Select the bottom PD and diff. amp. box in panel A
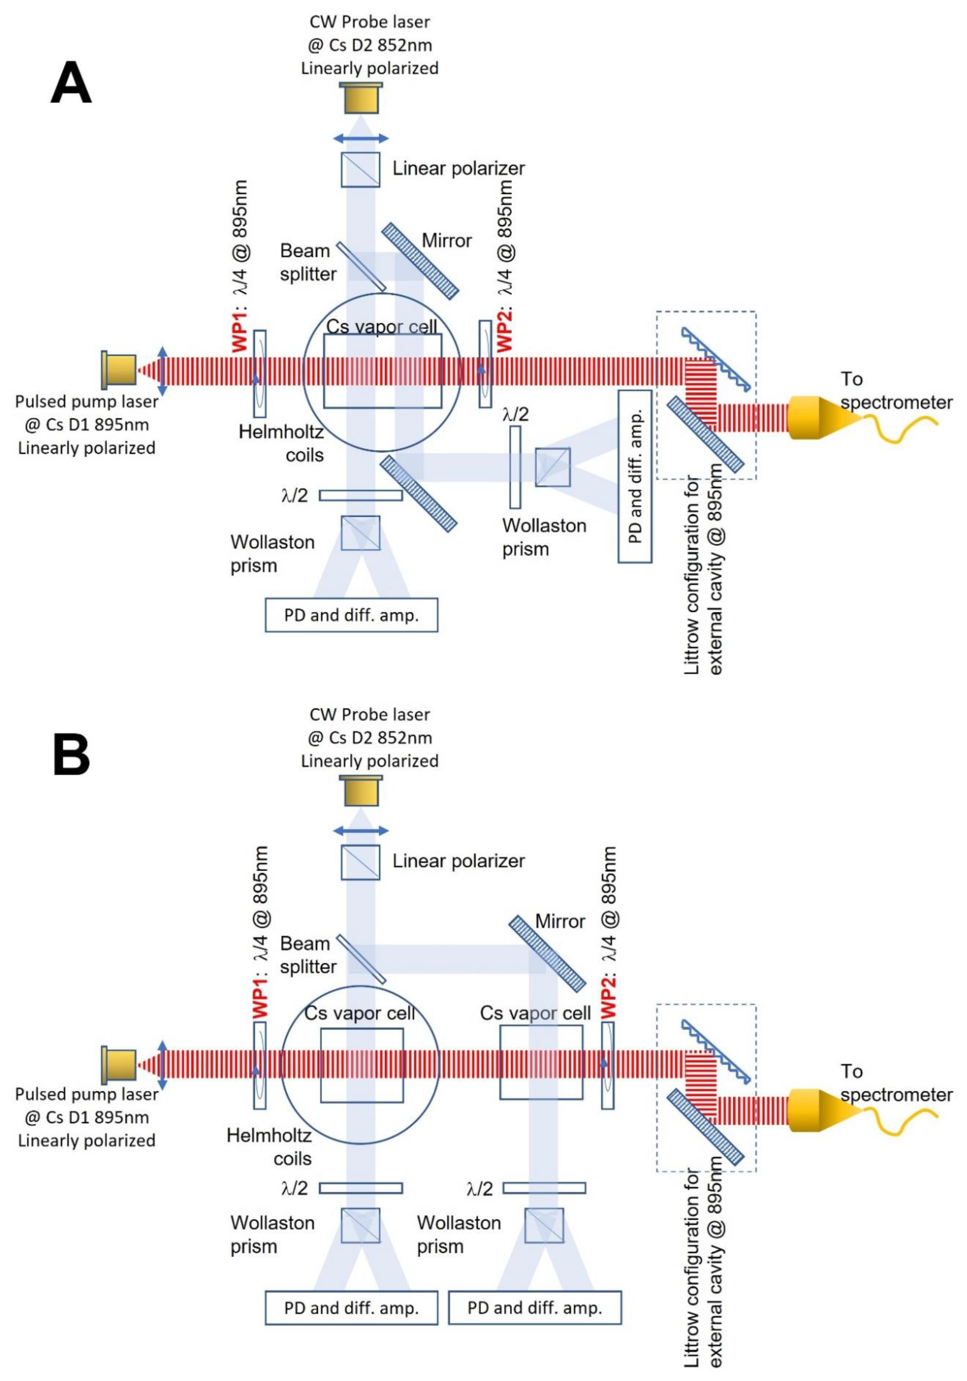pyautogui.click(x=352, y=615)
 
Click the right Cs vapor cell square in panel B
pyautogui.click(x=541, y=1063)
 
